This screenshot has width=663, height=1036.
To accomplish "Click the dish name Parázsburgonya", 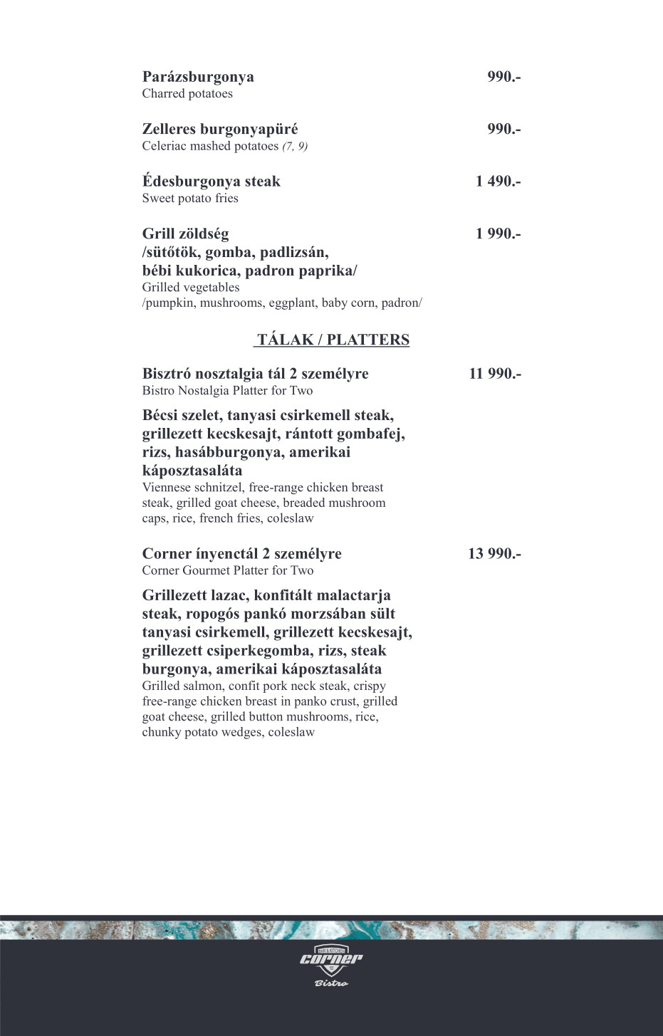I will (x=198, y=77).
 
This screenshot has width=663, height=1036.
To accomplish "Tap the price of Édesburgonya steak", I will (x=498, y=182).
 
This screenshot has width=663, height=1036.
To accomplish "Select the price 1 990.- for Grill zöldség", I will (x=498, y=234).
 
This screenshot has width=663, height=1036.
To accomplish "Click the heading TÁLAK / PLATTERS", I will (x=333, y=340).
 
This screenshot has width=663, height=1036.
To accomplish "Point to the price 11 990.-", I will (x=495, y=374).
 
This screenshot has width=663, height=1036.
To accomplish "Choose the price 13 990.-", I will (x=494, y=554).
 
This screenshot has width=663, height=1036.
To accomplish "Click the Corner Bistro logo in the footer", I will (x=331, y=961).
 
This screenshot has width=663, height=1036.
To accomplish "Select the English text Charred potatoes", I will (x=187, y=94).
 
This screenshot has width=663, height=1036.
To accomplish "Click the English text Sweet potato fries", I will (x=190, y=199).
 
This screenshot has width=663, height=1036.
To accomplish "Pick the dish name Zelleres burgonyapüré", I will (x=220, y=130).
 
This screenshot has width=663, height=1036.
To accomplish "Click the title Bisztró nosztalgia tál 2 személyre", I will (x=255, y=374).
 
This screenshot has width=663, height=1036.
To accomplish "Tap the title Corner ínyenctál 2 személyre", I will (x=241, y=554).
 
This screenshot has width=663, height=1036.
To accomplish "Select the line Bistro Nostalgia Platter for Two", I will (x=227, y=391).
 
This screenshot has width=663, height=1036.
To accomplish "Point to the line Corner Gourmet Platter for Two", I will (x=228, y=570).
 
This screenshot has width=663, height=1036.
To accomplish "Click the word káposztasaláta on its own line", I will (x=192, y=471).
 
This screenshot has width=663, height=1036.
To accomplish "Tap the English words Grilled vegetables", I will (x=191, y=288).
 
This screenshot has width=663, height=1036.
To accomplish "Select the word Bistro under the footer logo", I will (x=331, y=983).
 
